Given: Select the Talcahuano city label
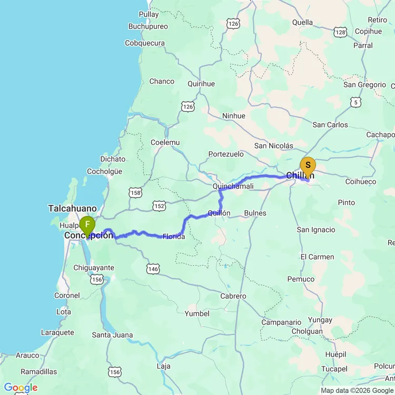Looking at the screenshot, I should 73,209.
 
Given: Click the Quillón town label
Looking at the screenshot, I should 219,213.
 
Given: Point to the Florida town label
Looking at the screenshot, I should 174,236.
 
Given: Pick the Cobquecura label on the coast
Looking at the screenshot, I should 145,43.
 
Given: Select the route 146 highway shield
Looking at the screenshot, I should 153,269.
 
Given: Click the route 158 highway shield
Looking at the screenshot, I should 135,193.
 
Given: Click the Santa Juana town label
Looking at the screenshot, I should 112,335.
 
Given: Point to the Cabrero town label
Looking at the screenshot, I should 233,296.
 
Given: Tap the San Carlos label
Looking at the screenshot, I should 330,125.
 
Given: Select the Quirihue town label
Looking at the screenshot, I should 201,84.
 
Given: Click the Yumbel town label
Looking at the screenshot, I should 196,313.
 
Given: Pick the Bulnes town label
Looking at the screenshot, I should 255,213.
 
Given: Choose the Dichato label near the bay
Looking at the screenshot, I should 113,159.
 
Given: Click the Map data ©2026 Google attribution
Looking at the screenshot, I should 357,390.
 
